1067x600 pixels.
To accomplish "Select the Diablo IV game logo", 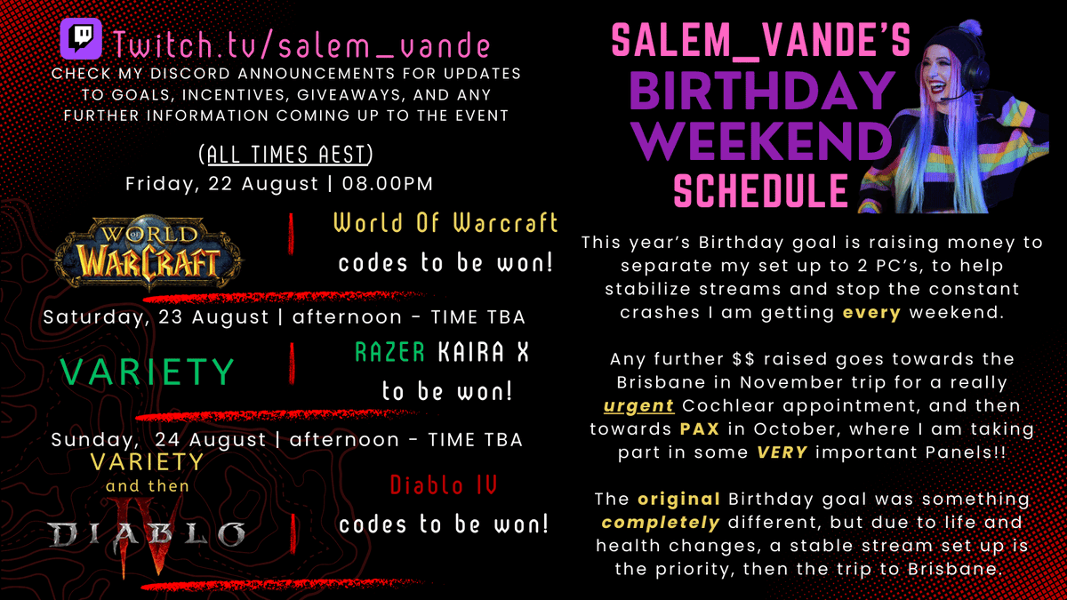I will pyautogui.click(x=147, y=532).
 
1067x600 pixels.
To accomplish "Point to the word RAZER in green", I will pyautogui.click(x=390, y=353).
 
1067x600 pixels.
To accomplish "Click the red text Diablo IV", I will pyautogui.click(x=443, y=485).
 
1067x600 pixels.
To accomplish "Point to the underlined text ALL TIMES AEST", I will pyautogui.click(x=285, y=155).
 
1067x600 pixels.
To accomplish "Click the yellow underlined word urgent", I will pyautogui.click(x=639, y=406).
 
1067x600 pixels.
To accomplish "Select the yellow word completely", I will pyautogui.click(x=654, y=523).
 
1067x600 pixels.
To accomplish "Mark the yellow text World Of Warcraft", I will pyautogui.click(x=445, y=223).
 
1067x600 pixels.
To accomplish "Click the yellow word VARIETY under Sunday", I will pyautogui.click(x=147, y=462).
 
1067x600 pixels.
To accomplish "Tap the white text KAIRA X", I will pyautogui.click(x=483, y=353).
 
